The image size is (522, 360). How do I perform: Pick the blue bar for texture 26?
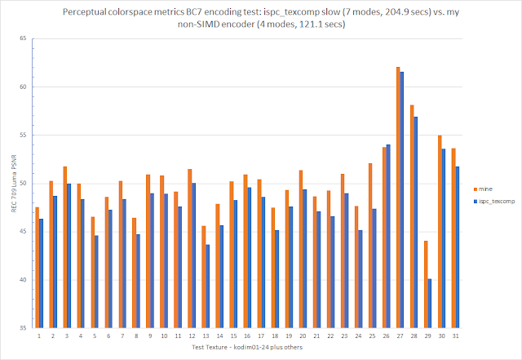coord(387,236)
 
